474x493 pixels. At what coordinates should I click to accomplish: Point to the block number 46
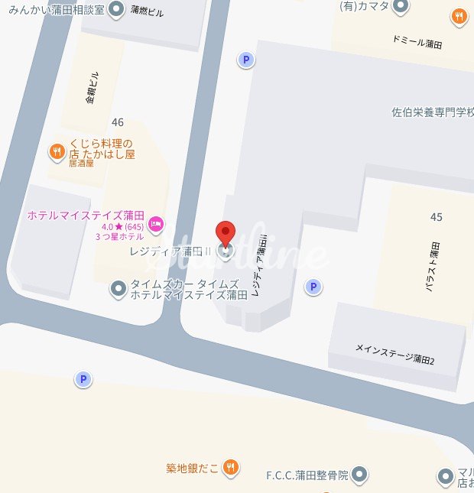[x=118, y=122]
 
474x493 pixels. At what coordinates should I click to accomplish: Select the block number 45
[x=436, y=217]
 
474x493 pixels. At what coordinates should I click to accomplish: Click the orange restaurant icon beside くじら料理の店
[x=57, y=152]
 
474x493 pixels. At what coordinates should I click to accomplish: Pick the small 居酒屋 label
[x=81, y=163]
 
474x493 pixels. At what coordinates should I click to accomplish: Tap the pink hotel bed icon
[x=156, y=222]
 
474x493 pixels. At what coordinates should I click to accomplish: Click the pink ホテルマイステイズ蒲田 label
[x=84, y=215]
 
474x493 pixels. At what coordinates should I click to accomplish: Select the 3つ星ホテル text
[x=119, y=238]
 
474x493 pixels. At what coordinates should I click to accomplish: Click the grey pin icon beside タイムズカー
[x=118, y=288]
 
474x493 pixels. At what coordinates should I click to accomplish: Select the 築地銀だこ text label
[x=193, y=467]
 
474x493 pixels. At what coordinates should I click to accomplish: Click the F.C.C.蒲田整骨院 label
[x=307, y=475]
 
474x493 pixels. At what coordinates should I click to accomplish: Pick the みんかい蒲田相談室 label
[x=52, y=9]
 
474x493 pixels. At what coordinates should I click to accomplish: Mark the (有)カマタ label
[x=364, y=7]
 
